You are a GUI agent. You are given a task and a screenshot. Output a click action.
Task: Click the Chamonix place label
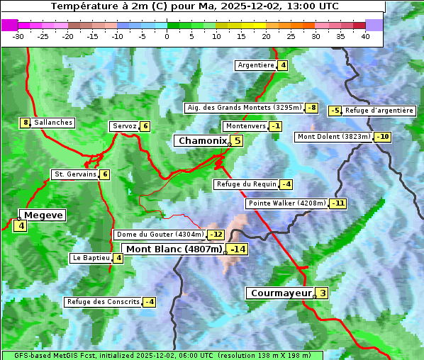[202, 141]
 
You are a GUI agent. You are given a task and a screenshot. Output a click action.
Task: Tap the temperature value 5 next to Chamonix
[238, 141]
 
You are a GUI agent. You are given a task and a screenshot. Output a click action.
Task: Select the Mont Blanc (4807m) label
[174, 249]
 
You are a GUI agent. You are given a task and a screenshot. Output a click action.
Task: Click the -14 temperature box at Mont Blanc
[238, 249]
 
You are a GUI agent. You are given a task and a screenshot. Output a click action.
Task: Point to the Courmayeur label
[281, 293]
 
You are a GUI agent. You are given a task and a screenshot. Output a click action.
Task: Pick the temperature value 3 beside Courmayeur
[323, 293]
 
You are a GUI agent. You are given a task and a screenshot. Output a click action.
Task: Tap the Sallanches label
[52, 123]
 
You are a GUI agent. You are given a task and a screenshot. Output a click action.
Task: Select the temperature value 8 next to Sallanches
[26, 123]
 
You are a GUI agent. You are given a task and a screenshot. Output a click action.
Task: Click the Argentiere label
[256, 65]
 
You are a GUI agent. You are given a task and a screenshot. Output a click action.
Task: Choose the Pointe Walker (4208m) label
[286, 203]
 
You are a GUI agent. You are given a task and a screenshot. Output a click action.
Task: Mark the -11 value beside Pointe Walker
[338, 203]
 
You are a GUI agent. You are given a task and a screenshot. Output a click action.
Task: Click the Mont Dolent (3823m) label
[333, 137]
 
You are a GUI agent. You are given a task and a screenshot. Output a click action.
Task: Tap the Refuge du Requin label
[246, 184]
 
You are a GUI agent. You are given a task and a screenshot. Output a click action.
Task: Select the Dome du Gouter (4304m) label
[160, 235]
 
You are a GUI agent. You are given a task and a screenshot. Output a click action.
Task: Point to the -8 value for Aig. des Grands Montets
[312, 108]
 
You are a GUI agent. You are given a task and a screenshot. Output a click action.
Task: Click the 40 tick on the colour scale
[365, 36]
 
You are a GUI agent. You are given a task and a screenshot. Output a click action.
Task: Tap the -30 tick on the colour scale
[19, 36]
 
